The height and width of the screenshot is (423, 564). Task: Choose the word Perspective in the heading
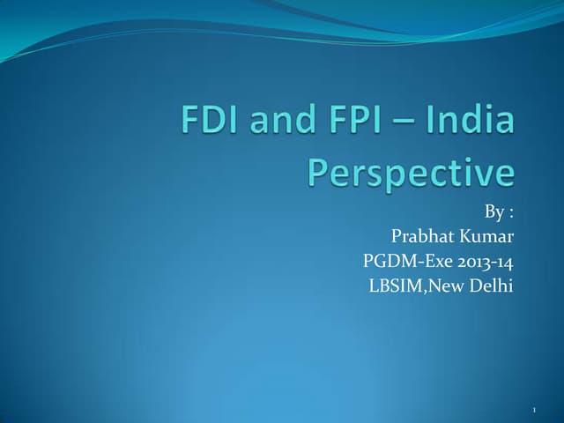pos(410,173)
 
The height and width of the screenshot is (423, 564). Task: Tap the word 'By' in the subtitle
pos(494,212)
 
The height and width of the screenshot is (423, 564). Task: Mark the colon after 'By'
pos(511,214)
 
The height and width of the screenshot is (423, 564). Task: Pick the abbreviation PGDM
pos(387,262)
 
